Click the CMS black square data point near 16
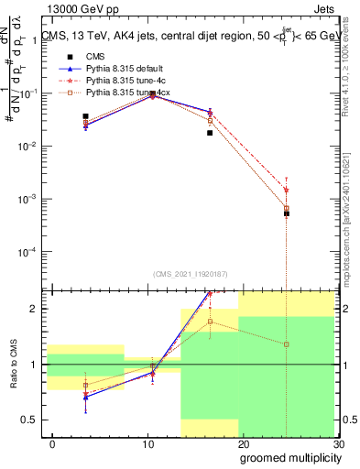coord(210,133)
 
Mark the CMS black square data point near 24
coord(287,213)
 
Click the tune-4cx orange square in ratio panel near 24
coord(287,344)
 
